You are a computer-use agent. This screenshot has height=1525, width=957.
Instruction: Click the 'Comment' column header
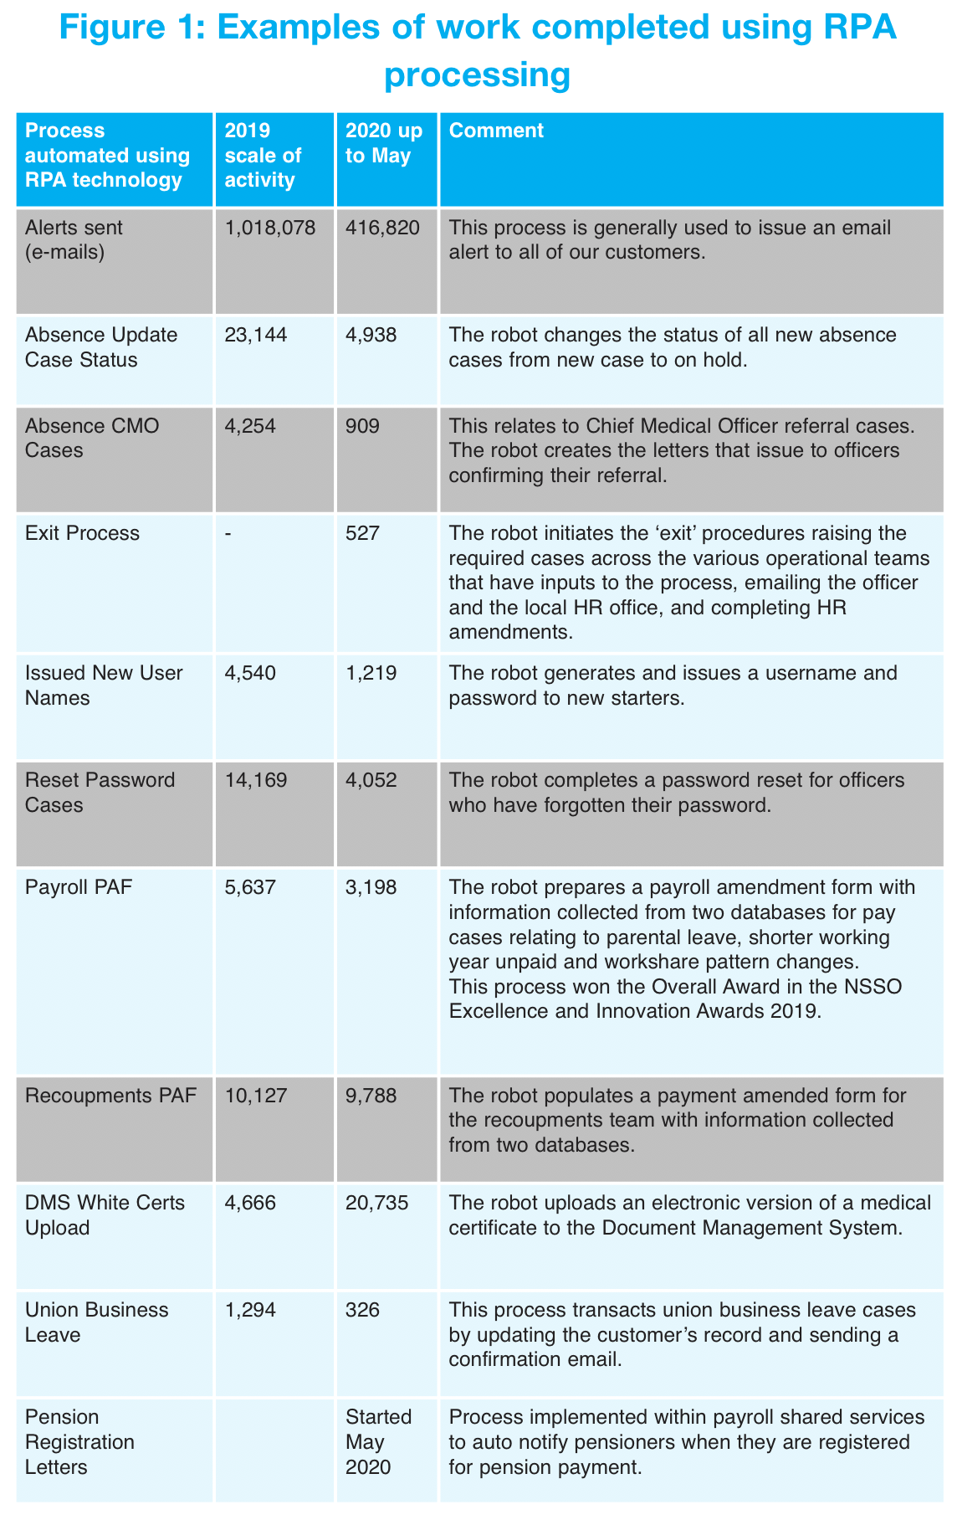[496, 131]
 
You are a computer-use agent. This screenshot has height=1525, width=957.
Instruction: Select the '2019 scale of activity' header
[263, 156]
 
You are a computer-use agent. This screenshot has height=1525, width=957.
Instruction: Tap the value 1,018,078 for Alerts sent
[270, 228]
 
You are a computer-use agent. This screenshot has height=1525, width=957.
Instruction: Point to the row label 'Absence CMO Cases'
[94, 438]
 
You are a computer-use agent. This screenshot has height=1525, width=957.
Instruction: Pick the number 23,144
[256, 336]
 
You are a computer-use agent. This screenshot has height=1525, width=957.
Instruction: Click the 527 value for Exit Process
[362, 533]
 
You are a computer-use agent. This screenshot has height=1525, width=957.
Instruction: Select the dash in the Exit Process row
[228, 533]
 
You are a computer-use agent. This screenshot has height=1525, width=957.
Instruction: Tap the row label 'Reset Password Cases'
[100, 792]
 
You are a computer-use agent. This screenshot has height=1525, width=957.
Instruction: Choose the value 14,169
[256, 780]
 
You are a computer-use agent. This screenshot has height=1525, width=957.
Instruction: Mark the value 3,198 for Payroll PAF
[371, 887]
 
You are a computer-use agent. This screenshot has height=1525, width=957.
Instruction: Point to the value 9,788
[371, 1096]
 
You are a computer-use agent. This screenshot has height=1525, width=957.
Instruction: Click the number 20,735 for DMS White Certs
[377, 1203]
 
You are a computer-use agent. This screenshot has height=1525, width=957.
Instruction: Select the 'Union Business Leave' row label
[96, 1322]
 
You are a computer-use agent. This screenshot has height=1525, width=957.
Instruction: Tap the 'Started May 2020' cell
[378, 1441]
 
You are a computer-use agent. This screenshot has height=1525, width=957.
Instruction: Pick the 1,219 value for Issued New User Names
[371, 673]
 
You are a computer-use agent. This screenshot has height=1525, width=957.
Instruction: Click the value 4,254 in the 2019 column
[250, 426]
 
